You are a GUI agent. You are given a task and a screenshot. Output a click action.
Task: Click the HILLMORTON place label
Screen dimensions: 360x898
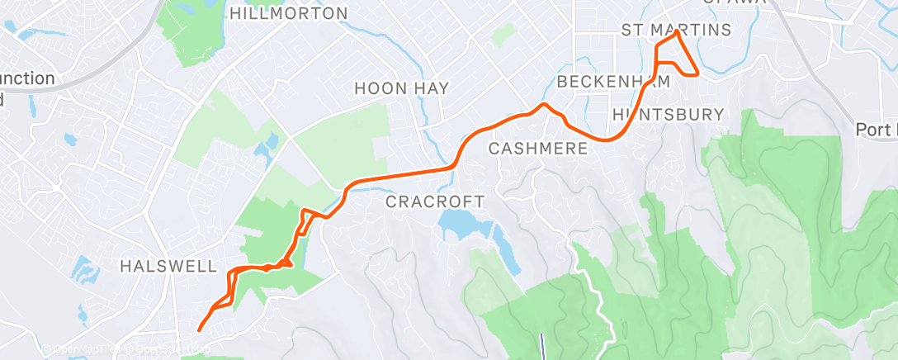tap(289, 13)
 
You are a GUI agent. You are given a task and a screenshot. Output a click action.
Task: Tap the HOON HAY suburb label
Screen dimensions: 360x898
tap(399, 88)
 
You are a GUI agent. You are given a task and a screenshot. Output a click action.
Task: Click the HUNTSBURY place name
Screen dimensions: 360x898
tap(669, 113)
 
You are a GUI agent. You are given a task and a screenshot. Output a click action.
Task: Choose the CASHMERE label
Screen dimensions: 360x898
tap(538, 149)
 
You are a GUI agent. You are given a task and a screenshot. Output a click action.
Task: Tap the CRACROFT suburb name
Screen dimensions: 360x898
tap(435, 201)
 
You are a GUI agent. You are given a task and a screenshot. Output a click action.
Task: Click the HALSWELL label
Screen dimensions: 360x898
tap(168, 266)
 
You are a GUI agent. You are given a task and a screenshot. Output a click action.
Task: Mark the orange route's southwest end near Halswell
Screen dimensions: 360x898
tap(200, 329)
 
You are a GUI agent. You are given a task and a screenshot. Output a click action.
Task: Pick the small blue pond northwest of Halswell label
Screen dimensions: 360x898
tap(85, 269)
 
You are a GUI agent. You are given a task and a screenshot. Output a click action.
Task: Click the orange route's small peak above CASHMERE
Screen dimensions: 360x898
tap(544, 105)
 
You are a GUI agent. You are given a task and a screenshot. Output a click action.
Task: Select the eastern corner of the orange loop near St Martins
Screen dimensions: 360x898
tap(698, 73)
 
